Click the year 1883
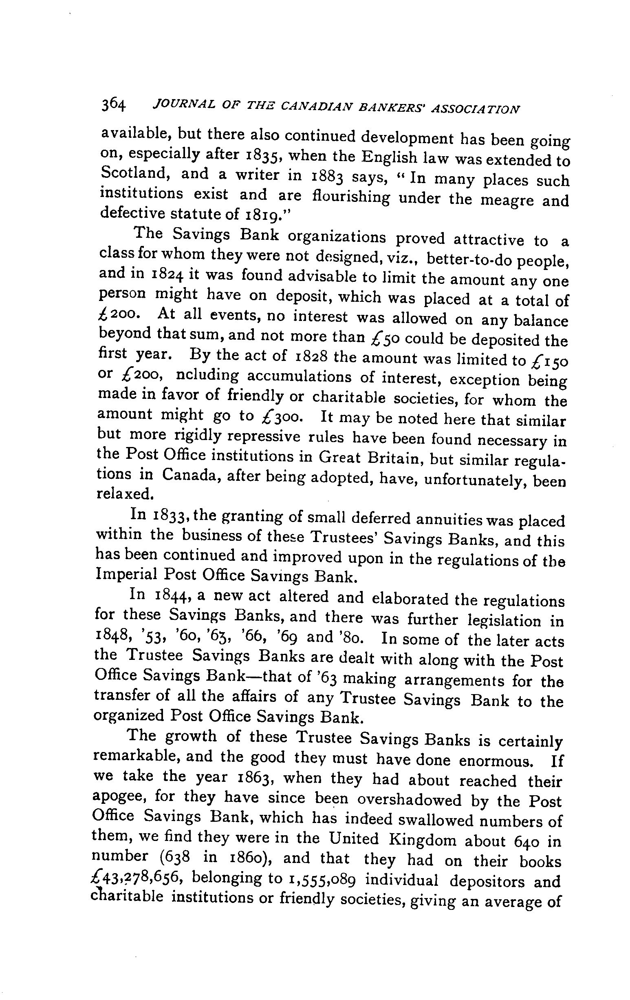click(326, 176)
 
